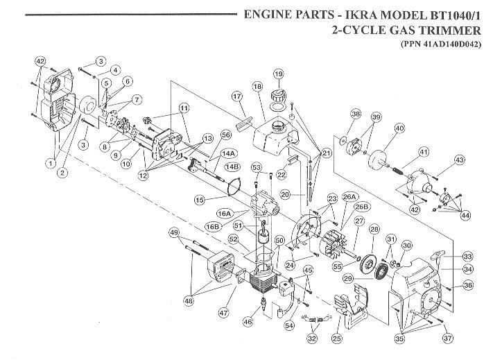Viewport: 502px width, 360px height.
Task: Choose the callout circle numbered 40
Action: click(x=399, y=128)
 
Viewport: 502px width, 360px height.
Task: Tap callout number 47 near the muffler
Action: click(x=222, y=314)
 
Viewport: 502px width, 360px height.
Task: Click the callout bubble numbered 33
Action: click(x=448, y=255)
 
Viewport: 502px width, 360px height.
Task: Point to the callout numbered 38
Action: click(x=356, y=114)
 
